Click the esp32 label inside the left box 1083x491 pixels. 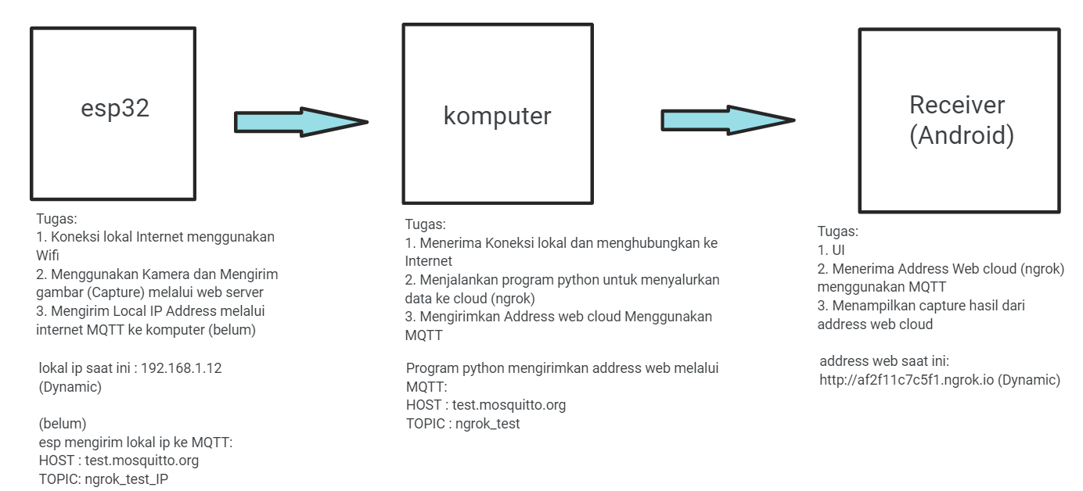(x=115, y=109)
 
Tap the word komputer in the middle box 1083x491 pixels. (x=497, y=116)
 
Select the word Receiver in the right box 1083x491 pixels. (x=957, y=105)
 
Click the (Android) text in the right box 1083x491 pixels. (x=962, y=134)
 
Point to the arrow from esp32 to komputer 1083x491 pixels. (x=301, y=122)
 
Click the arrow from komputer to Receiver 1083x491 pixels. (x=728, y=120)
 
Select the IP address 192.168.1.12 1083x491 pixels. (x=182, y=368)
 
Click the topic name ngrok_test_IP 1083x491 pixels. (x=126, y=479)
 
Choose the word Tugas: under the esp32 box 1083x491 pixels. (x=56, y=219)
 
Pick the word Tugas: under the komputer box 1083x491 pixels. (x=426, y=224)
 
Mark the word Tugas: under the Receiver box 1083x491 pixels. (x=838, y=231)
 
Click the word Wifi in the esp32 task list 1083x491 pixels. (x=48, y=255)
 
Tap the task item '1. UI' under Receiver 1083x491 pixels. (x=831, y=250)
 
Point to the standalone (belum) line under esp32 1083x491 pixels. (x=63, y=424)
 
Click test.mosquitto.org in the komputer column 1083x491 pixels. (x=509, y=406)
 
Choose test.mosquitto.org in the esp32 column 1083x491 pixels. (x=142, y=461)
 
